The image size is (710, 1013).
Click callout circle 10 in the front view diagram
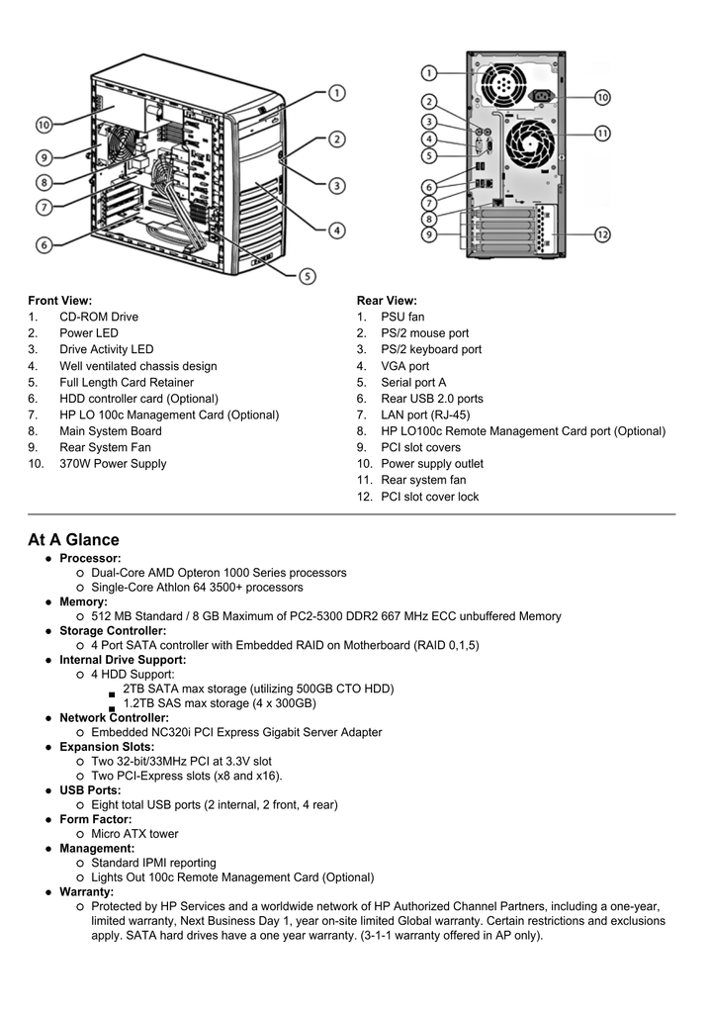(44, 126)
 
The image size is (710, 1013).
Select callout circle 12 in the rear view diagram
(602, 234)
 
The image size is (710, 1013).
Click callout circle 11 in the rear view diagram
(602, 133)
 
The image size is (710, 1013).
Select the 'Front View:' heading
(60, 301)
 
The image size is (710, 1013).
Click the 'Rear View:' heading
(387, 301)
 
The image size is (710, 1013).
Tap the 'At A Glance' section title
(73, 540)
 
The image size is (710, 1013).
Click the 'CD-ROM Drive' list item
(99, 318)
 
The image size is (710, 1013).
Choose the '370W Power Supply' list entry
(113, 464)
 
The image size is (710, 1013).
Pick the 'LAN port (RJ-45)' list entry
(425, 415)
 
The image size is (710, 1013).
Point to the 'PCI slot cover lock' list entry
(429, 497)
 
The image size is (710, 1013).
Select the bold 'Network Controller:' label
(114, 718)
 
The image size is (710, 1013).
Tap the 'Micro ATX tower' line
(134, 834)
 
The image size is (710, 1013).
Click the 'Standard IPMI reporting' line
(153, 863)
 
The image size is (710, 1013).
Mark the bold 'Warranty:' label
(87, 892)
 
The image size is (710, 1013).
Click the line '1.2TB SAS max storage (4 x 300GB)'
(219, 703)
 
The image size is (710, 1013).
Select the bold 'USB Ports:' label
(90, 790)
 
